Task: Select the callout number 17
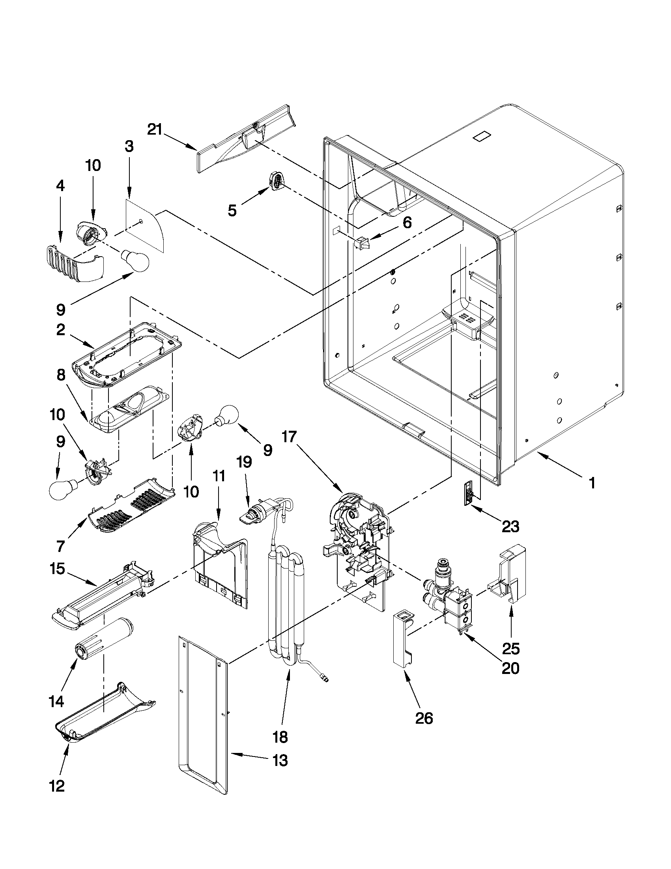click(x=290, y=437)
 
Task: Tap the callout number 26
click(x=424, y=718)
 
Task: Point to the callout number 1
click(x=592, y=483)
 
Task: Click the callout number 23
click(x=510, y=527)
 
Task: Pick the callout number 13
click(x=280, y=761)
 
